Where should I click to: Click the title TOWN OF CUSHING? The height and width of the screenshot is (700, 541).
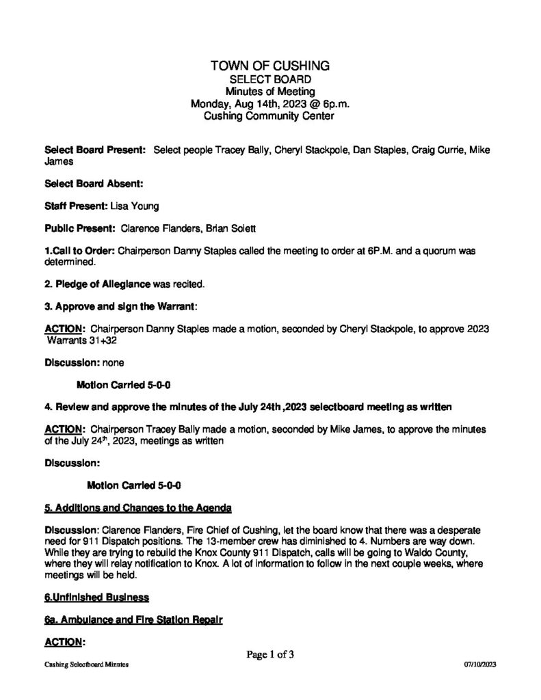[x=270, y=66]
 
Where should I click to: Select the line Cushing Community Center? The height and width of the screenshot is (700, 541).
[x=270, y=116]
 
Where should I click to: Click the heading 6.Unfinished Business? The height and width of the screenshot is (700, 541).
[x=96, y=597]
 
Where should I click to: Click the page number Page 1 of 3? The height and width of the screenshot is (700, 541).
[x=271, y=654]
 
